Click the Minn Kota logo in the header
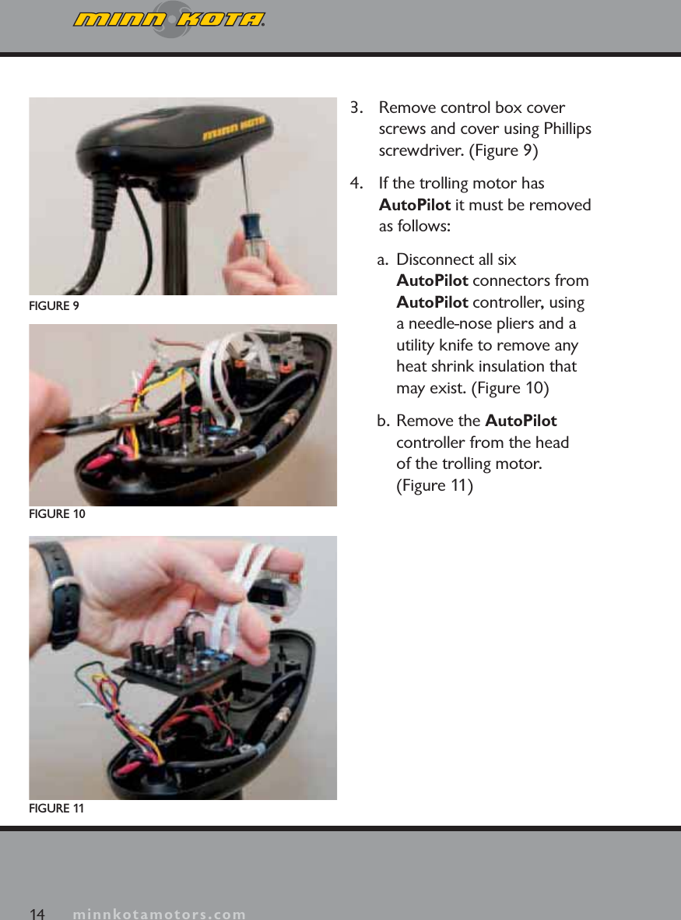169,19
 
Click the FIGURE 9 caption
54,306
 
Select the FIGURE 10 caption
57,515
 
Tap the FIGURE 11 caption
56,809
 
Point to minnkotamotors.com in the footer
160,914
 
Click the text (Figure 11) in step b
434,486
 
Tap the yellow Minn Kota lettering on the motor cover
235,129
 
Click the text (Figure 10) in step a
511,388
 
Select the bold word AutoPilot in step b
521,421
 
